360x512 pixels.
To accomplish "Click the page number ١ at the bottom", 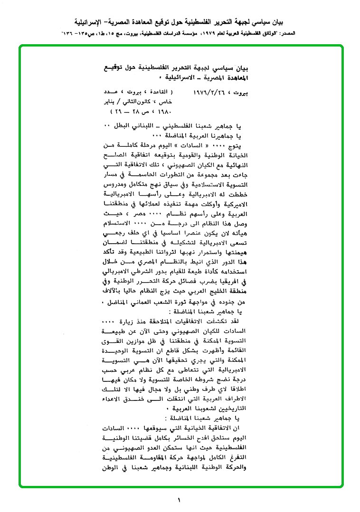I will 180,499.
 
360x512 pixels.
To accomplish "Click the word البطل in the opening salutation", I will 121,126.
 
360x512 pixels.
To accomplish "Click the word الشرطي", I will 149,270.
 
